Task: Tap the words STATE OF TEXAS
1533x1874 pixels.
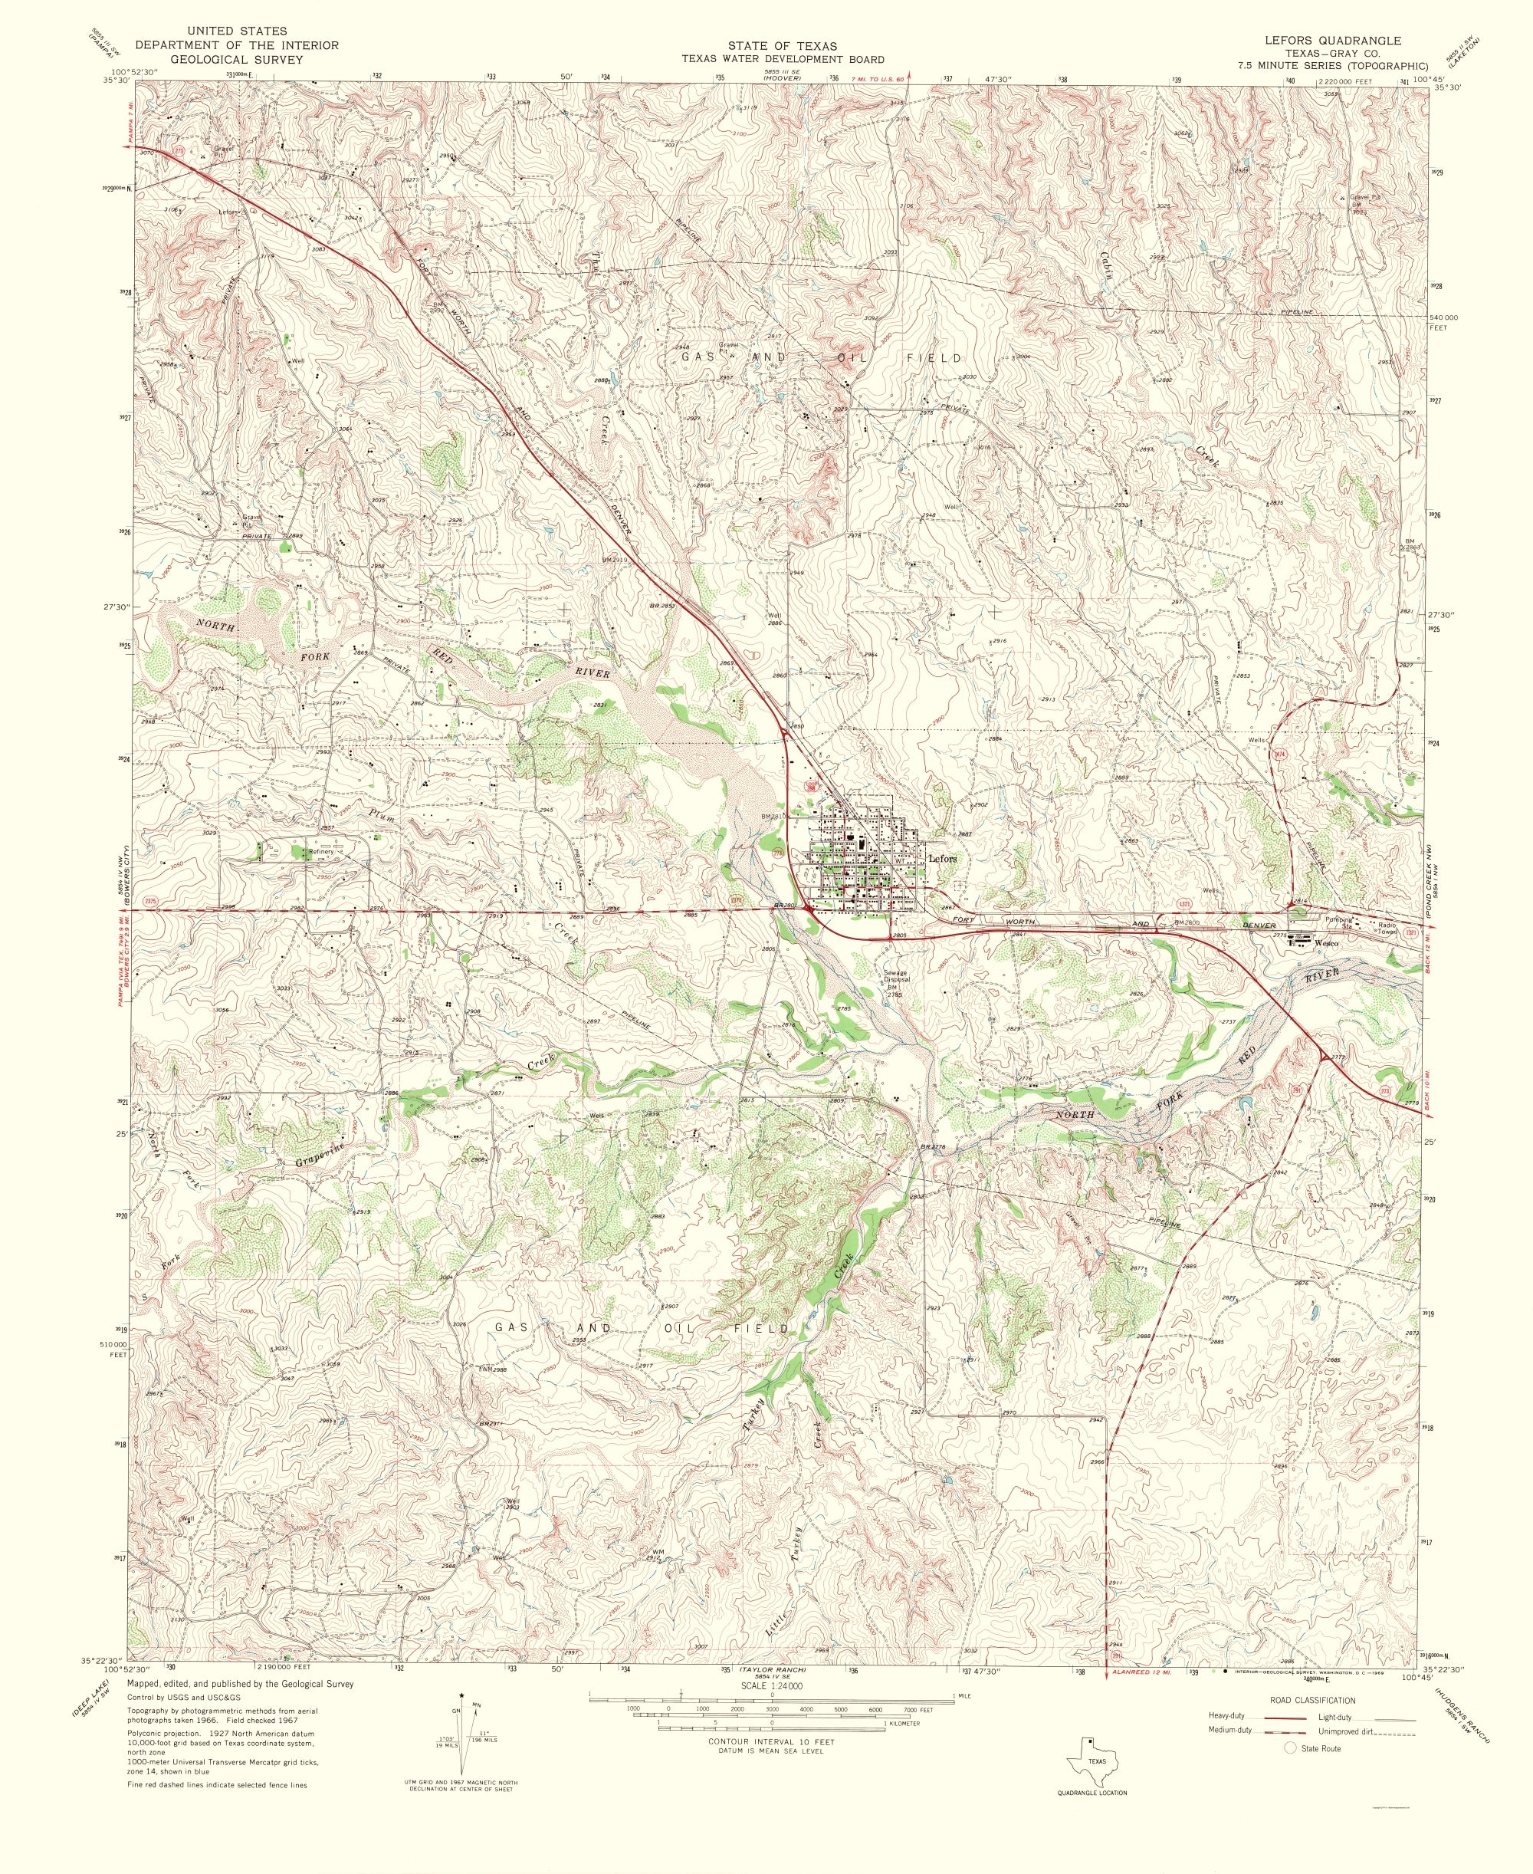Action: click(x=782, y=46)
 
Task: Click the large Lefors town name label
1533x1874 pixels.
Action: click(x=942, y=857)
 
